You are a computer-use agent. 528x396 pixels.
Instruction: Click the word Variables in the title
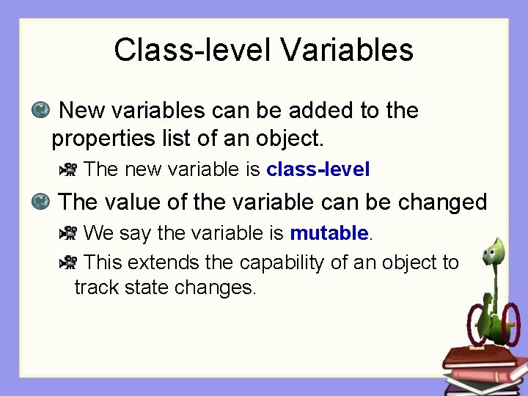click(347, 50)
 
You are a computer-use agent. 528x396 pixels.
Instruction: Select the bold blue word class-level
click(318, 169)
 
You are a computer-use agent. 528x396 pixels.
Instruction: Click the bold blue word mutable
click(329, 233)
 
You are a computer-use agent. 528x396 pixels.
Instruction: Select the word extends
click(162, 263)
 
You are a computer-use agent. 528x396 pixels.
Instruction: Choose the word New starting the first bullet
click(81, 111)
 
